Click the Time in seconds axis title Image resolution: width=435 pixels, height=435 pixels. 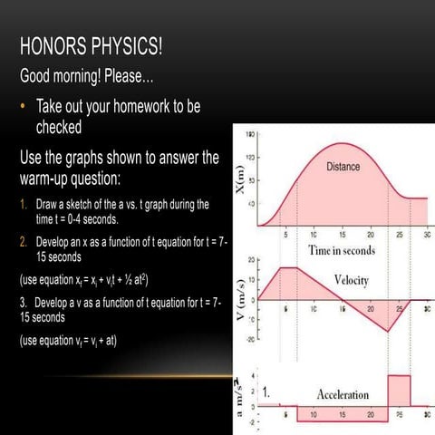[342, 249]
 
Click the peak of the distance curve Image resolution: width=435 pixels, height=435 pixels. [343, 143]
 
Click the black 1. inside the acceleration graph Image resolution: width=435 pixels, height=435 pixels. [267, 394]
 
